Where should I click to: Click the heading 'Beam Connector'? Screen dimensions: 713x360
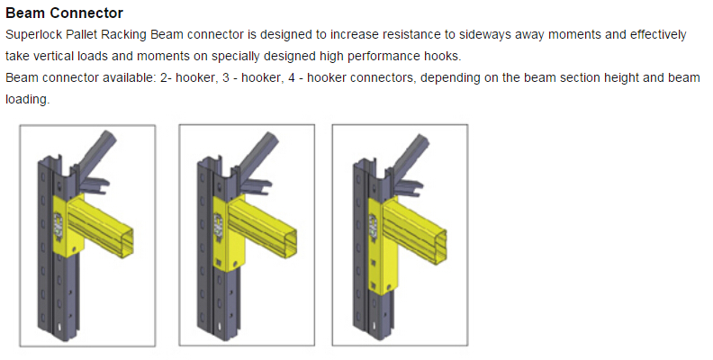[64, 13]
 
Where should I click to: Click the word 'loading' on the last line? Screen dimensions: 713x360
[27, 100]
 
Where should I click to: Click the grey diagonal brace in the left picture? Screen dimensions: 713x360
[95, 152]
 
